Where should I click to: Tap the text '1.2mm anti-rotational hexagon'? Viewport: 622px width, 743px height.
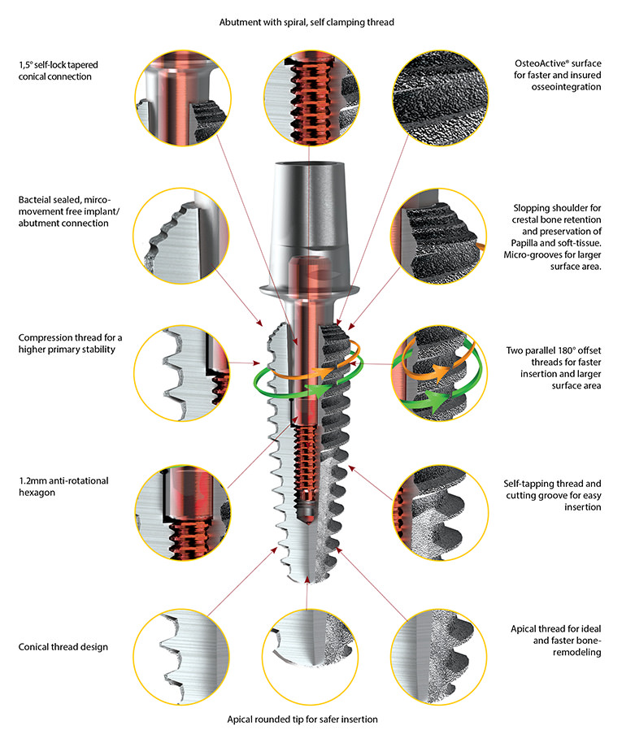[63, 487]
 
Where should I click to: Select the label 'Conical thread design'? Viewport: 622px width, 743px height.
[63, 647]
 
